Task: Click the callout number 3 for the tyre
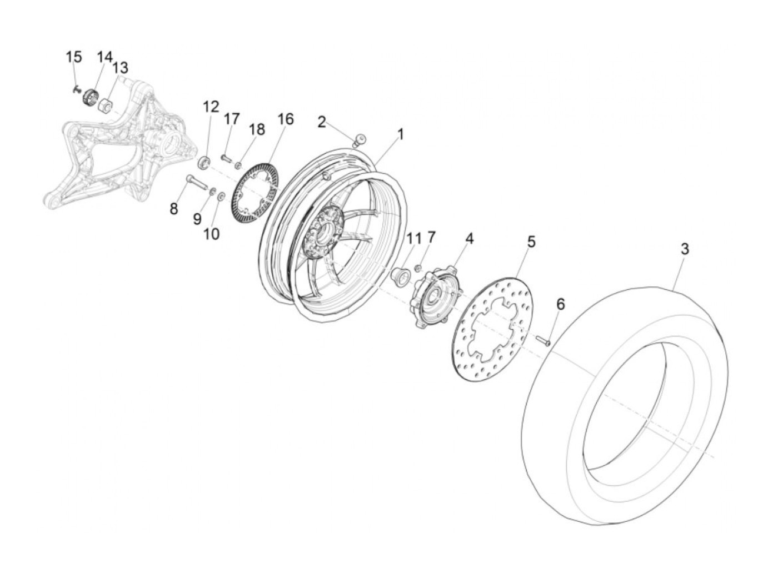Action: [x=685, y=249]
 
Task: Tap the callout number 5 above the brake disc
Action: [x=531, y=242]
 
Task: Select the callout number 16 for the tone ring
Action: [x=286, y=119]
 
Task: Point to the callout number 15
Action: [x=73, y=57]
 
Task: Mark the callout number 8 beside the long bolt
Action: [x=173, y=209]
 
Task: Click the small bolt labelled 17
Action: [x=226, y=158]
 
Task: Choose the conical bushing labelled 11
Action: [x=400, y=274]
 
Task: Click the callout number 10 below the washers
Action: [x=211, y=234]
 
